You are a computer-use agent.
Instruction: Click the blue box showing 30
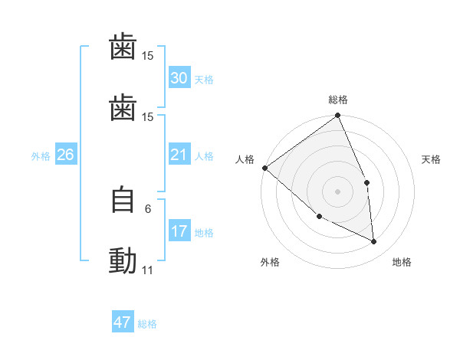pos(179,77)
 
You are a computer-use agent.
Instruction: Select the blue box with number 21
pos(179,155)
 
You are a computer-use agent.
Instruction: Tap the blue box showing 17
pos(179,231)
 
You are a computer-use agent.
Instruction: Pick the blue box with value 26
pos(65,155)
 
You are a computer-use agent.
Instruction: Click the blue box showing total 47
pos(122,322)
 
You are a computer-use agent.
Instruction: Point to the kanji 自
pos(123,201)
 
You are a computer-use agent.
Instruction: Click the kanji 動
pos(123,260)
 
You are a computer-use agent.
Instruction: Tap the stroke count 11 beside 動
pos(147,270)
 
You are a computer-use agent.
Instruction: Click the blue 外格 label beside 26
pos(41,156)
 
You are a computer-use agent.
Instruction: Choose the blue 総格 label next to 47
pos(147,324)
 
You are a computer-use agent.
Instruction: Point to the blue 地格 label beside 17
pos(204,233)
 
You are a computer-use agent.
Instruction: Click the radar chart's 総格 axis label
pos(338,100)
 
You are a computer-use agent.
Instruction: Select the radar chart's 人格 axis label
pos(245,159)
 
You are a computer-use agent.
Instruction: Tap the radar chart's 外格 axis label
pos(270,262)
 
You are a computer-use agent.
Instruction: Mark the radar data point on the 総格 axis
pos(337,116)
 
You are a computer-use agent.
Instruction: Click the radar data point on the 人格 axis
pos(264,168)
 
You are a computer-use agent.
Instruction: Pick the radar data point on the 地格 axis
pos(373,241)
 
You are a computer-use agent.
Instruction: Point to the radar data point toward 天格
pos(366,182)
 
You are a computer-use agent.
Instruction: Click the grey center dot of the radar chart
pos(337,191)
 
